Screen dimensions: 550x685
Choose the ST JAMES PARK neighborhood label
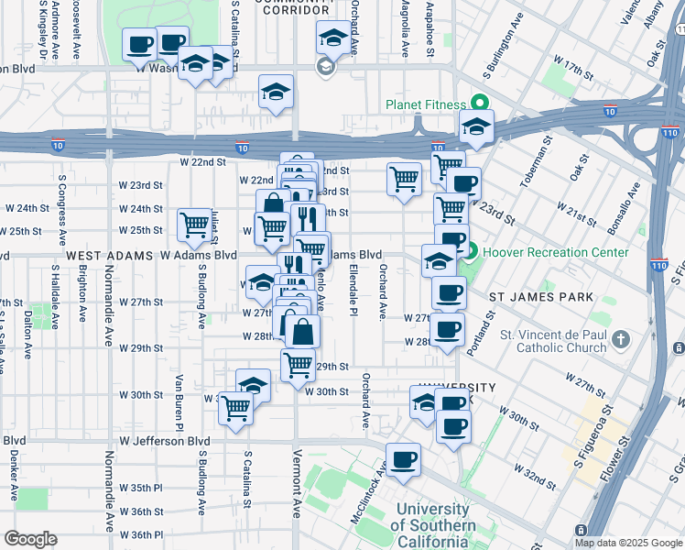pyautogui.click(x=540, y=297)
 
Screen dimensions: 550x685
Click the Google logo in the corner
pyautogui.click(x=30, y=539)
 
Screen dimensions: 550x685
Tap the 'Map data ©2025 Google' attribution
pyautogui.click(x=627, y=543)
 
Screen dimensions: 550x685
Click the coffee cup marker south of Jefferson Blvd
pyautogui.click(x=402, y=459)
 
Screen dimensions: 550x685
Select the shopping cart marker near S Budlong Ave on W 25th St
pyautogui.click(x=194, y=223)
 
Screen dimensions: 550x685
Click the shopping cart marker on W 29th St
pyautogui.click(x=299, y=364)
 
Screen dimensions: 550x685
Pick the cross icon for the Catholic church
pyautogui.click(x=621, y=340)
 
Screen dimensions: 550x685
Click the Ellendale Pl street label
pyautogui.click(x=353, y=290)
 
